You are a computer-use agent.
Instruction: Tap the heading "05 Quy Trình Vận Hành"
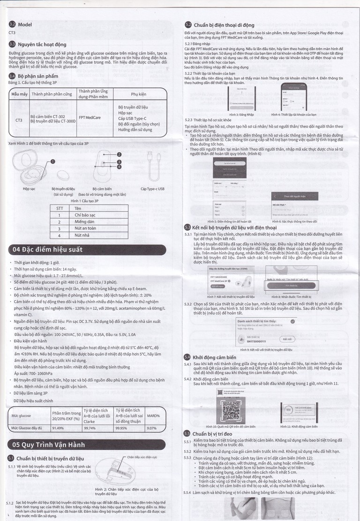click(49, 445)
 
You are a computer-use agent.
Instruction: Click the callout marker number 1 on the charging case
click(53, 161)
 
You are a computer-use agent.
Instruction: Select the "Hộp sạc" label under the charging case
click(30, 189)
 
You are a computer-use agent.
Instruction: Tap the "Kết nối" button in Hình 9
click(286, 339)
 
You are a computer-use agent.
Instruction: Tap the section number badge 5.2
click(187, 24)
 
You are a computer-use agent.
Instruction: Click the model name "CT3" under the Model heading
click(13, 33)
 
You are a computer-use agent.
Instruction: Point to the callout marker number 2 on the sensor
click(119, 154)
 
